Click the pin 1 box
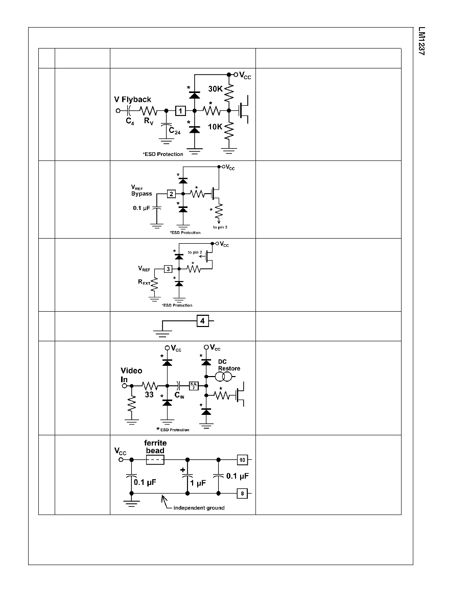(x=180, y=111)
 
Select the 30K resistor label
(x=215, y=89)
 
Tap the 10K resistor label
(x=215, y=127)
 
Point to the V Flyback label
(x=132, y=100)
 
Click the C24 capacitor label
(x=175, y=131)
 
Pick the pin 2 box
(x=172, y=194)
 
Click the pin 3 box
(x=168, y=269)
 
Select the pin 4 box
(x=202, y=321)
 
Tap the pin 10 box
(x=242, y=460)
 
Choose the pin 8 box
(x=242, y=494)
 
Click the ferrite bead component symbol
(x=155, y=460)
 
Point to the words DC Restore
(x=229, y=365)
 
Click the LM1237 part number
(x=421, y=41)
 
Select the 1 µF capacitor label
(x=198, y=483)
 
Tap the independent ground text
(x=199, y=508)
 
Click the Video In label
(x=131, y=375)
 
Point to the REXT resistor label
(x=144, y=282)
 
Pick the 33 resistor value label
(x=149, y=394)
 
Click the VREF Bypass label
(x=142, y=191)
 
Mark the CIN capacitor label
(x=179, y=395)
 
